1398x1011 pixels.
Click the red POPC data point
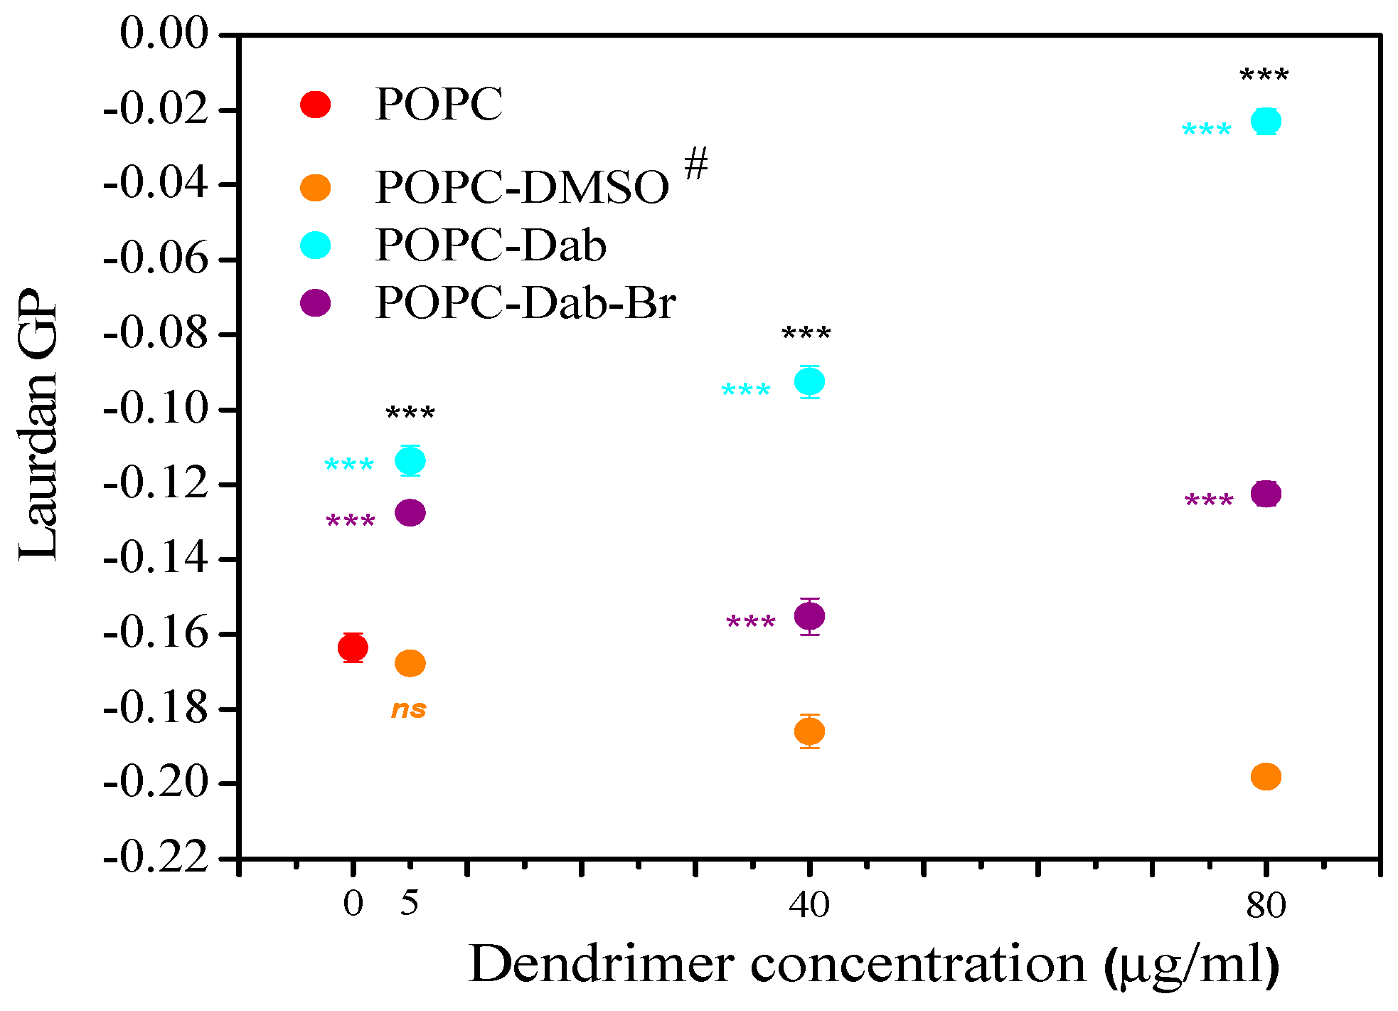(353, 647)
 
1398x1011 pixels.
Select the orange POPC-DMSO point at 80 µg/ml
(1266, 776)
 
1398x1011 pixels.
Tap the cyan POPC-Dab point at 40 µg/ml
(809, 382)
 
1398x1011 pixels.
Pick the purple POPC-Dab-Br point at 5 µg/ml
(410, 512)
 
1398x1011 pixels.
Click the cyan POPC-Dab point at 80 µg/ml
(1266, 121)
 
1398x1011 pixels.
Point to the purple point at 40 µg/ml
(809, 615)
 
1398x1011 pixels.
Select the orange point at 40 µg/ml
(809, 731)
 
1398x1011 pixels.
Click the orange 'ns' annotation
(409, 709)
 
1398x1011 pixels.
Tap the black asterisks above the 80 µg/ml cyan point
(1264, 75)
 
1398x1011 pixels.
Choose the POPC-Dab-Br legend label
(525, 303)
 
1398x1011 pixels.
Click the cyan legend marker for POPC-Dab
(315, 245)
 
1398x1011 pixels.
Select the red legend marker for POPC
(315, 105)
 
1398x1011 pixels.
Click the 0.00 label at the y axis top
(164, 33)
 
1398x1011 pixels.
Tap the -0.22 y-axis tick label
(156, 857)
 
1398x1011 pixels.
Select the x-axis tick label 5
(410, 904)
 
